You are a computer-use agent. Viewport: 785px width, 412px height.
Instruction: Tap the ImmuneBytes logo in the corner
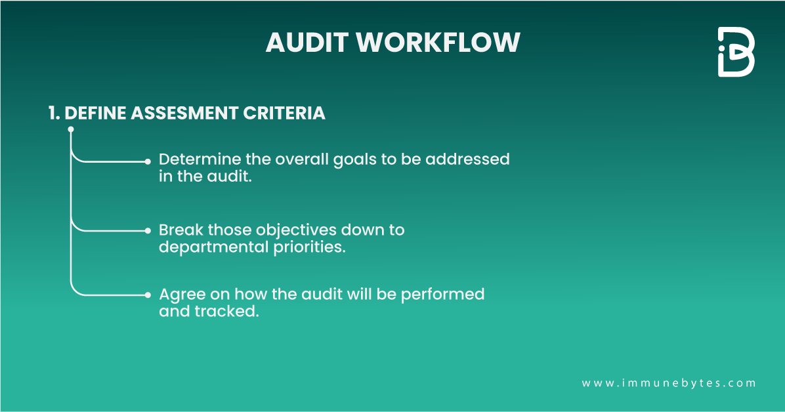click(735, 52)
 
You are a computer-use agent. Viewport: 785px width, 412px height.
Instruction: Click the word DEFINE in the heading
click(96, 113)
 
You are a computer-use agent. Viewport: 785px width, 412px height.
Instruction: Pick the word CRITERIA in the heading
click(285, 113)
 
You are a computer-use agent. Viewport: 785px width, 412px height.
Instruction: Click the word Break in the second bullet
click(181, 230)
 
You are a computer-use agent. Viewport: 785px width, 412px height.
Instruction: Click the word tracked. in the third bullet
click(226, 311)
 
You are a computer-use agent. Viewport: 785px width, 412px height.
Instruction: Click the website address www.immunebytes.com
click(669, 382)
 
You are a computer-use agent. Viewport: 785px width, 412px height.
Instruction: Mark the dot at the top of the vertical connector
click(71, 130)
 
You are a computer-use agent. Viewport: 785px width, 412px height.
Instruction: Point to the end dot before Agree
click(148, 295)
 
